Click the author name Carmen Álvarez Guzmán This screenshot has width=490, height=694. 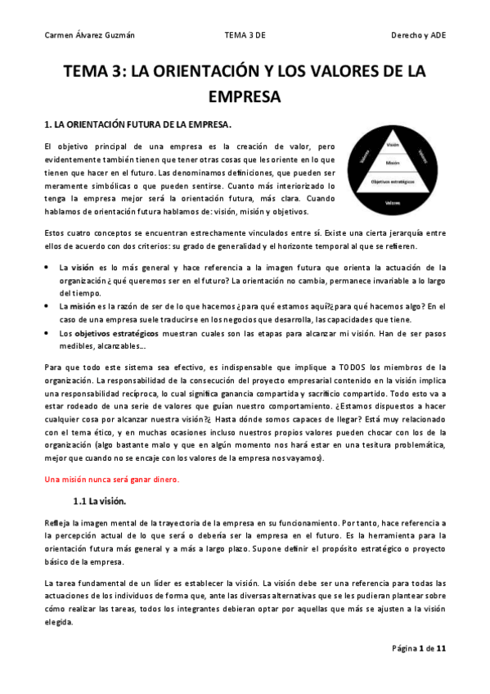click(88, 35)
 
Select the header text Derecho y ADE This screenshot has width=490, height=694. click(420, 35)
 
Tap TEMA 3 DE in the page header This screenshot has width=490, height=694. click(245, 35)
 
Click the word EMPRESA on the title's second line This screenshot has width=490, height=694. click(245, 97)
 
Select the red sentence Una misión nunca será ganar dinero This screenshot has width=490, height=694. click(112, 479)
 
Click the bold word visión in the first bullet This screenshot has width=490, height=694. click(83, 268)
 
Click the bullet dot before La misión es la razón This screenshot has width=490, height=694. click(47, 306)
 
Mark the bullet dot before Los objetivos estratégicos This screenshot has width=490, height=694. click(47, 334)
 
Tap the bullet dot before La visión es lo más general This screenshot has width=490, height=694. click(47, 268)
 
